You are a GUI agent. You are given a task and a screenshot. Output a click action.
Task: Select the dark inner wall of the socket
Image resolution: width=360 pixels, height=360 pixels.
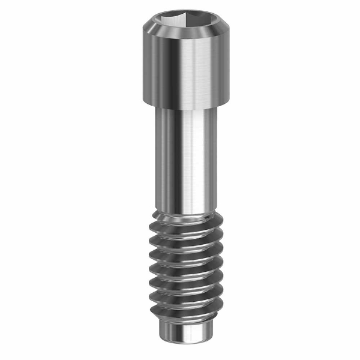coord(170,23)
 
